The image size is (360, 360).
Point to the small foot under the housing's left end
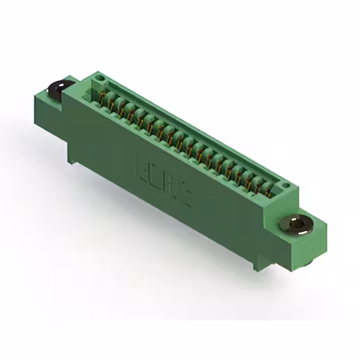74,161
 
